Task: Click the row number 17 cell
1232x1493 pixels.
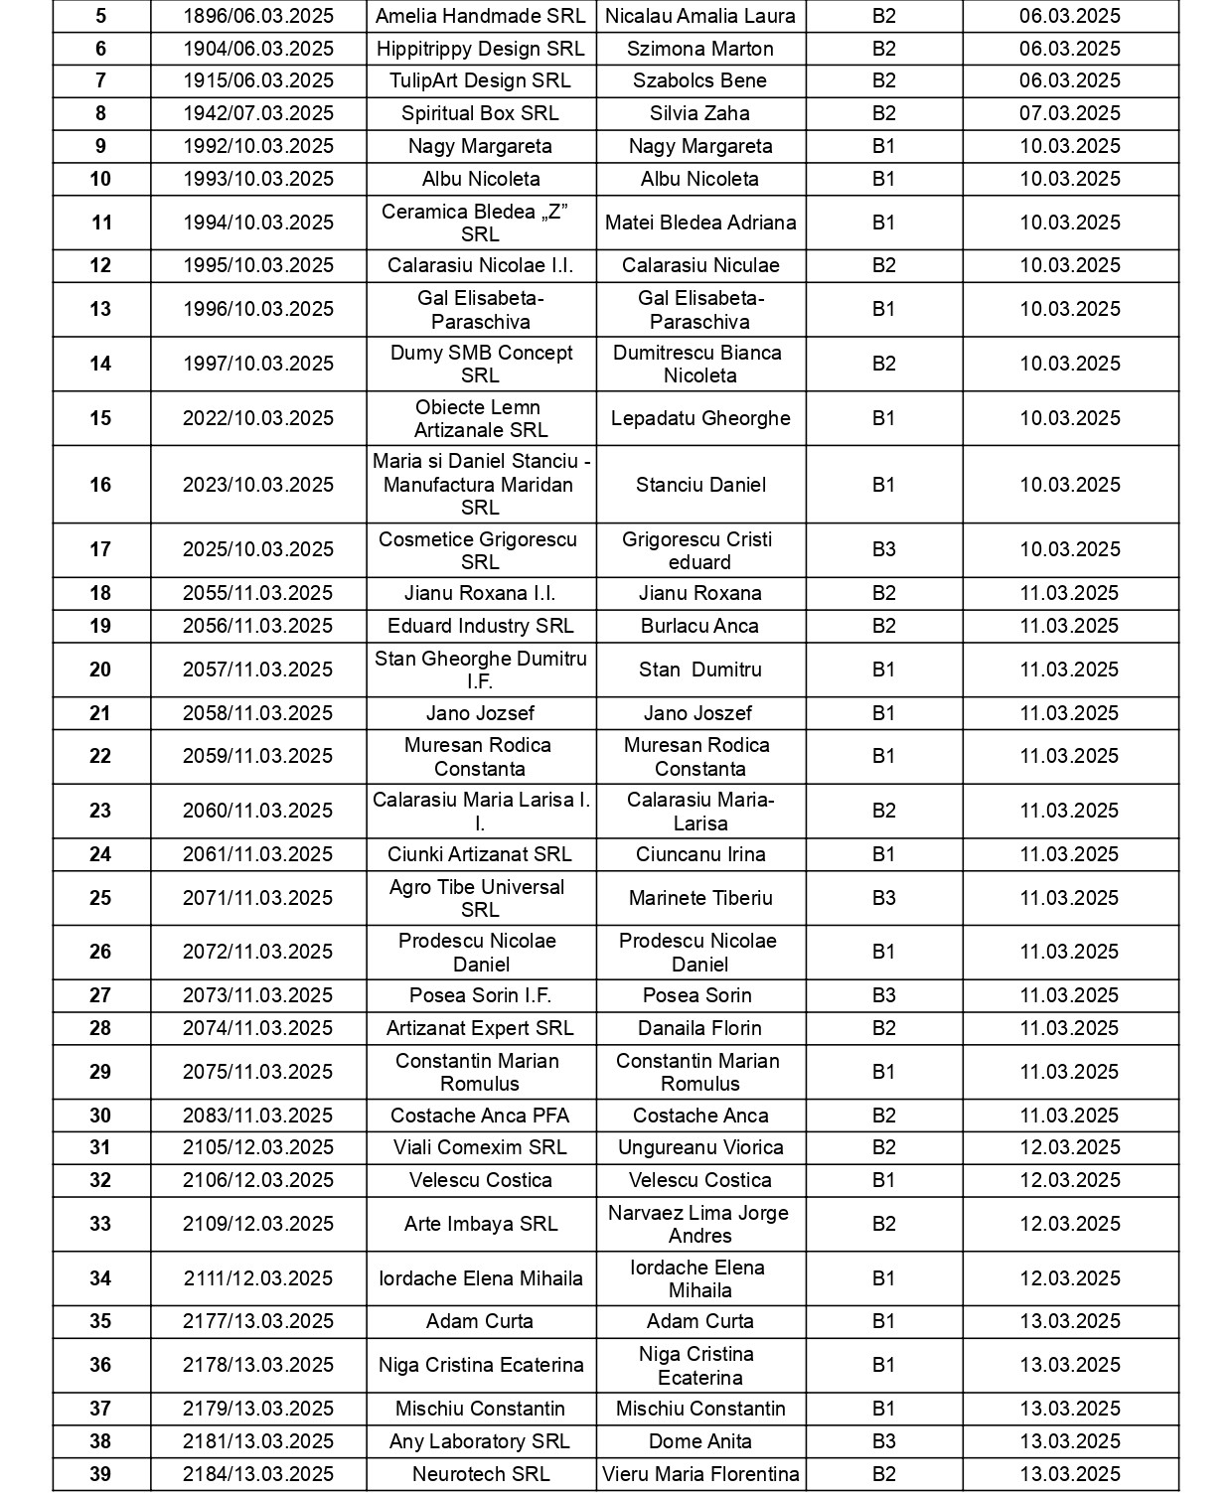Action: (x=100, y=549)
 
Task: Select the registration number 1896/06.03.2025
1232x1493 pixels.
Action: (x=258, y=16)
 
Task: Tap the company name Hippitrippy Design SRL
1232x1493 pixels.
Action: (x=480, y=49)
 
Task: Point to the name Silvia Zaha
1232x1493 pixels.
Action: (x=699, y=113)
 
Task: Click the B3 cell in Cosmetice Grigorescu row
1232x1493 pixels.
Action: (x=883, y=549)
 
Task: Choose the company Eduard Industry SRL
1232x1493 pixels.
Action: (x=480, y=626)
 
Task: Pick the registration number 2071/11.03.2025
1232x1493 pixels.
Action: (x=258, y=898)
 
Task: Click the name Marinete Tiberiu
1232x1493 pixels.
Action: (x=699, y=898)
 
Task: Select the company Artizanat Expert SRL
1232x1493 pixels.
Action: (x=480, y=1028)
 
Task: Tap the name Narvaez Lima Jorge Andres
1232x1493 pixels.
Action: (x=699, y=1224)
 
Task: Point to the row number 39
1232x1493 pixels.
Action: (x=100, y=1474)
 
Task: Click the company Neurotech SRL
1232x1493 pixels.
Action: (x=480, y=1474)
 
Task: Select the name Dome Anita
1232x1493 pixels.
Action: (x=699, y=1441)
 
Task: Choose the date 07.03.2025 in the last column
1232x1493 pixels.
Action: (x=1069, y=113)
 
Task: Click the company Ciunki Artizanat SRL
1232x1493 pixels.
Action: (x=480, y=854)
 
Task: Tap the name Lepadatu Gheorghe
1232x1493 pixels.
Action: (x=699, y=418)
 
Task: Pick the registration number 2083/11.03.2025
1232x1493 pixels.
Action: (x=258, y=1116)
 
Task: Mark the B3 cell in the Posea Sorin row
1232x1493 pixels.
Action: (x=883, y=995)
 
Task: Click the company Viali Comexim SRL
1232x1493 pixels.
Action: (x=480, y=1147)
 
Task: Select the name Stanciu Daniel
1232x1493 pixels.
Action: (x=699, y=485)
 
